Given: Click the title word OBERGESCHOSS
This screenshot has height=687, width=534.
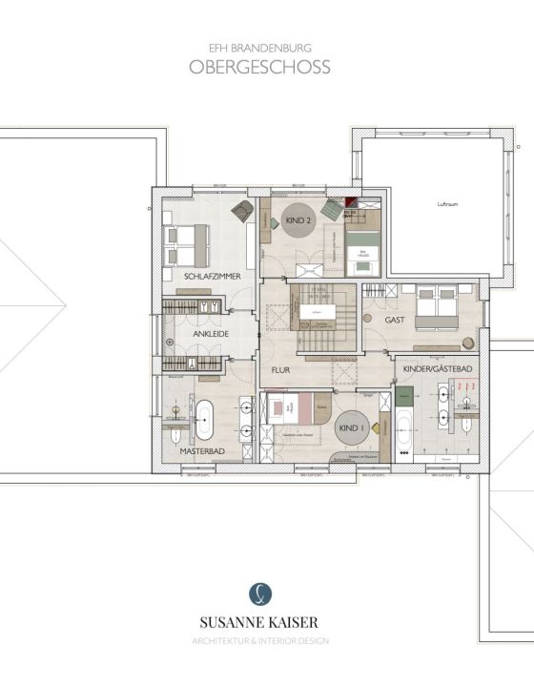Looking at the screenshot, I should click(x=259, y=68).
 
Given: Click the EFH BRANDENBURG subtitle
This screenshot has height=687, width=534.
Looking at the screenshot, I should click(x=259, y=45).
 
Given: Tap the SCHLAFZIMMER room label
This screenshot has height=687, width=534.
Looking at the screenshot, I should click(x=212, y=276).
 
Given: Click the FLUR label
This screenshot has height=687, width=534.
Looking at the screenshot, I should click(x=280, y=369).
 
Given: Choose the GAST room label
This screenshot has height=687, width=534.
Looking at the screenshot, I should click(x=396, y=322).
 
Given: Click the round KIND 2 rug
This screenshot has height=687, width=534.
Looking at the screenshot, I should click(x=298, y=220).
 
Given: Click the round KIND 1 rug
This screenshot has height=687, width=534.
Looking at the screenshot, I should click(x=351, y=429).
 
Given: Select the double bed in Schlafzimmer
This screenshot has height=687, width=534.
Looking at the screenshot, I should click(x=190, y=243).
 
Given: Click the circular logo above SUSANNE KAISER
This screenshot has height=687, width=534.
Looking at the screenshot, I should click(x=259, y=593).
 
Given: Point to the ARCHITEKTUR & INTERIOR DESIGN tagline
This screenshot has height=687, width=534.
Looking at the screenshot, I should click(x=259, y=640).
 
